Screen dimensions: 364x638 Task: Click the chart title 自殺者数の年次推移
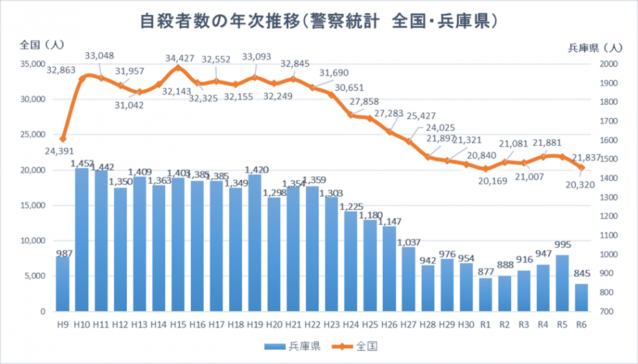pos(318,21)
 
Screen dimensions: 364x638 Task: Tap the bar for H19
pos(255,243)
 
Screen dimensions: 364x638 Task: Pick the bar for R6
pos(580,298)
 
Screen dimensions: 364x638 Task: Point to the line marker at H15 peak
pos(178,68)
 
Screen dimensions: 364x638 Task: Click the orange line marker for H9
pos(63,139)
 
